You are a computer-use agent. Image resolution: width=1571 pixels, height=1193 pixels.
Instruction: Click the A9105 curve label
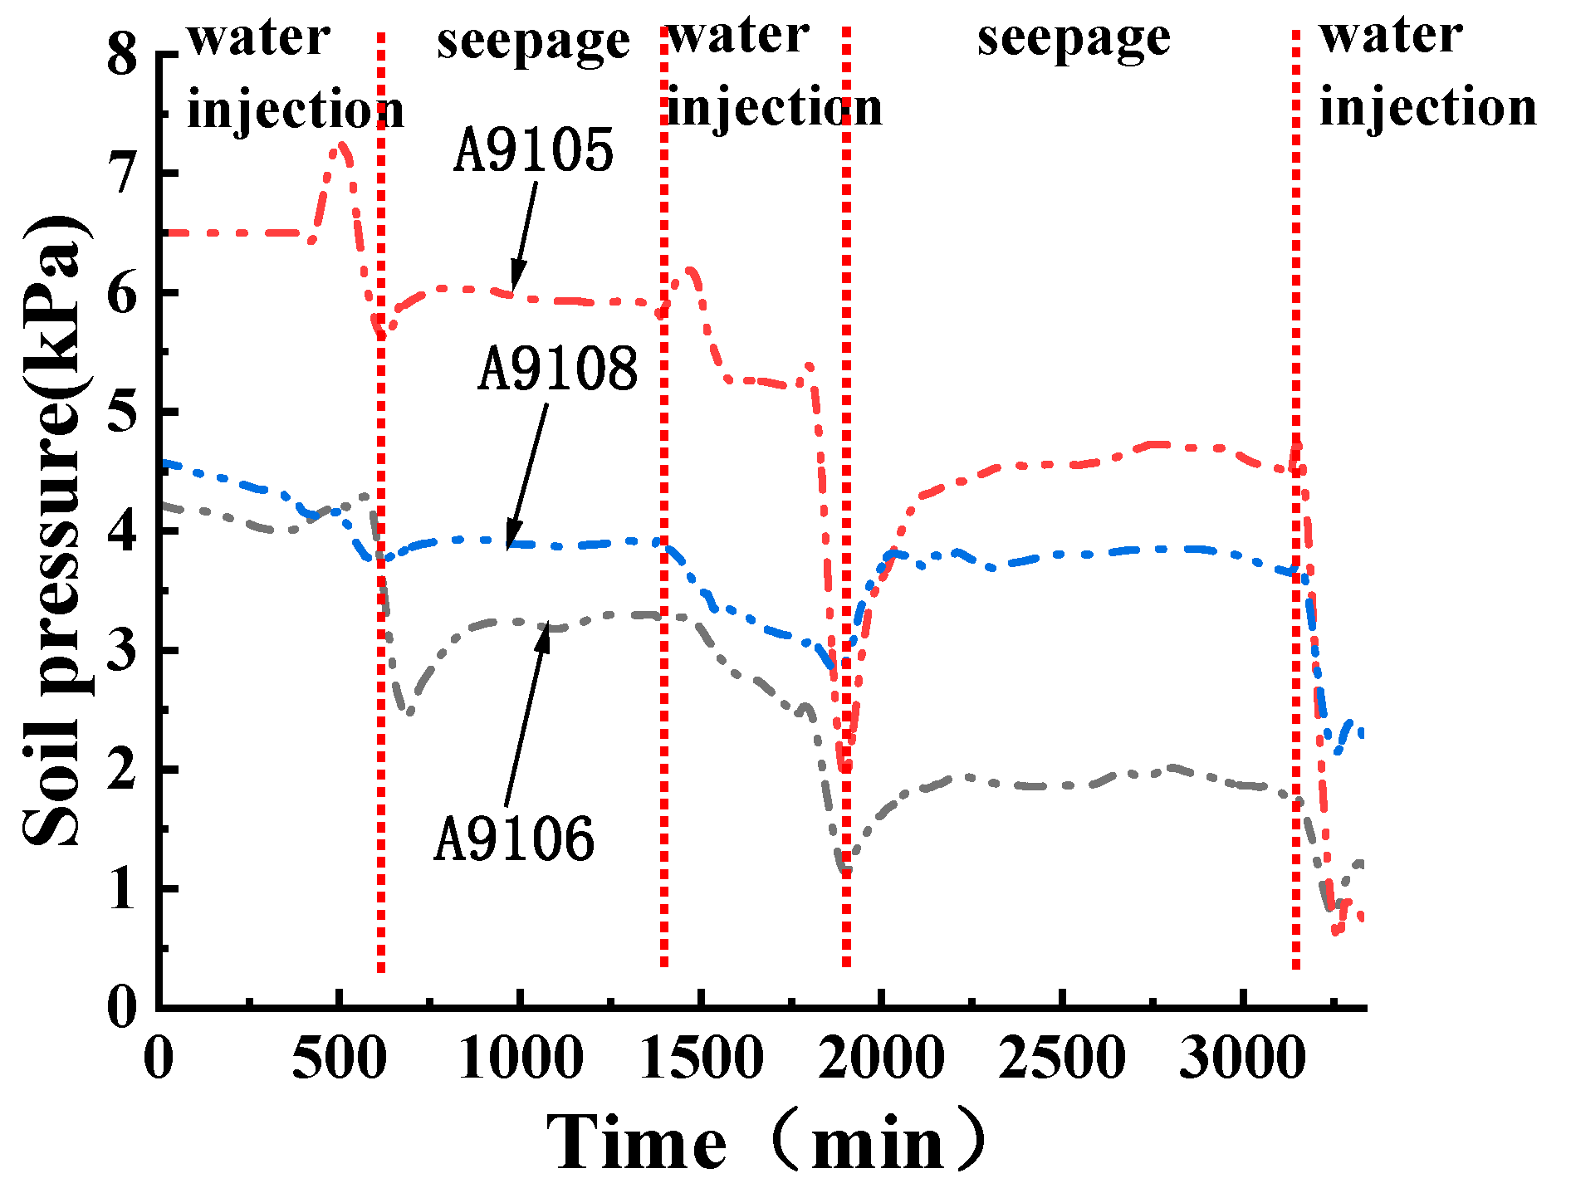pos(533,152)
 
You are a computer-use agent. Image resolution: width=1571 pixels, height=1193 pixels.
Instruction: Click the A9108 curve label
pos(557,369)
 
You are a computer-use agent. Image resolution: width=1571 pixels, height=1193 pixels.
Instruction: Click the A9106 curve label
pos(514,839)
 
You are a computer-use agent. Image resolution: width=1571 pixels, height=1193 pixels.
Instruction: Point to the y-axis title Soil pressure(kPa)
pos(51,531)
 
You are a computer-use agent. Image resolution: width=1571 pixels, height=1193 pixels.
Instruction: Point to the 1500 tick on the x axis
pos(702,1059)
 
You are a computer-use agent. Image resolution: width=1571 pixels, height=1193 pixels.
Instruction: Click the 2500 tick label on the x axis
pos(1062,1059)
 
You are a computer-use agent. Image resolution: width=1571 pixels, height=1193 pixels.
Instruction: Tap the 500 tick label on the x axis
pos(339,1059)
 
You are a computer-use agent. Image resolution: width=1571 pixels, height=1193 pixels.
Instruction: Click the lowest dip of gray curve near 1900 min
pos(844,872)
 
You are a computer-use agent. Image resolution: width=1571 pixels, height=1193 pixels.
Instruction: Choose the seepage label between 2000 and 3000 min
pos(1073,40)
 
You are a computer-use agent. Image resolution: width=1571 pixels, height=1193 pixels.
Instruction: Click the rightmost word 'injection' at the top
pos(1427,109)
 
